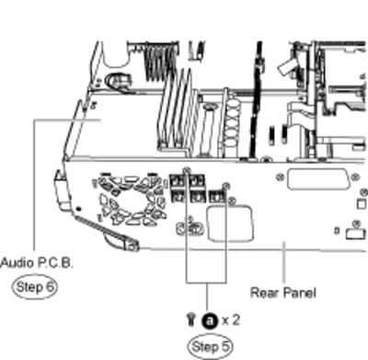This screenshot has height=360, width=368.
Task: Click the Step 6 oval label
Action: (x=34, y=287)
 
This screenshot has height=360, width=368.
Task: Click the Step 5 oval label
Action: (x=210, y=346)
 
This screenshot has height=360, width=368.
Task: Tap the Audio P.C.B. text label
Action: (x=37, y=263)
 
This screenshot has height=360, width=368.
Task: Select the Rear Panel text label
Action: (x=283, y=293)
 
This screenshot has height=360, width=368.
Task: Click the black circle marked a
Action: (x=210, y=321)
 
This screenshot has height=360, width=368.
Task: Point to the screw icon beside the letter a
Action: (x=191, y=319)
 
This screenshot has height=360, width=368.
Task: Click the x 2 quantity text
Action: (x=231, y=320)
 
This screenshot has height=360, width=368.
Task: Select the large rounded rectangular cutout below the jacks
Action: (x=230, y=223)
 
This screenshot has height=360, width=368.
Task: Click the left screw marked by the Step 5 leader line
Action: (x=186, y=170)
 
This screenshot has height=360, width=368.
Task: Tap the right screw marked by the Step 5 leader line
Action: (x=226, y=185)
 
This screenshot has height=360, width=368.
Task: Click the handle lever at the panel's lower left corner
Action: (x=106, y=232)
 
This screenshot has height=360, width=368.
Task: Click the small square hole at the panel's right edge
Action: (x=362, y=204)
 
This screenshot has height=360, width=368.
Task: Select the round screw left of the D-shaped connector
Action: (x=280, y=177)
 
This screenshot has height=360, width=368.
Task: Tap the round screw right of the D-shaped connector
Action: (x=355, y=177)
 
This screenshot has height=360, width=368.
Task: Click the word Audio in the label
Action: (x=17, y=263)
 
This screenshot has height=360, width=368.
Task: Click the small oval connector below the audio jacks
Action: (x=190, y=228)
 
